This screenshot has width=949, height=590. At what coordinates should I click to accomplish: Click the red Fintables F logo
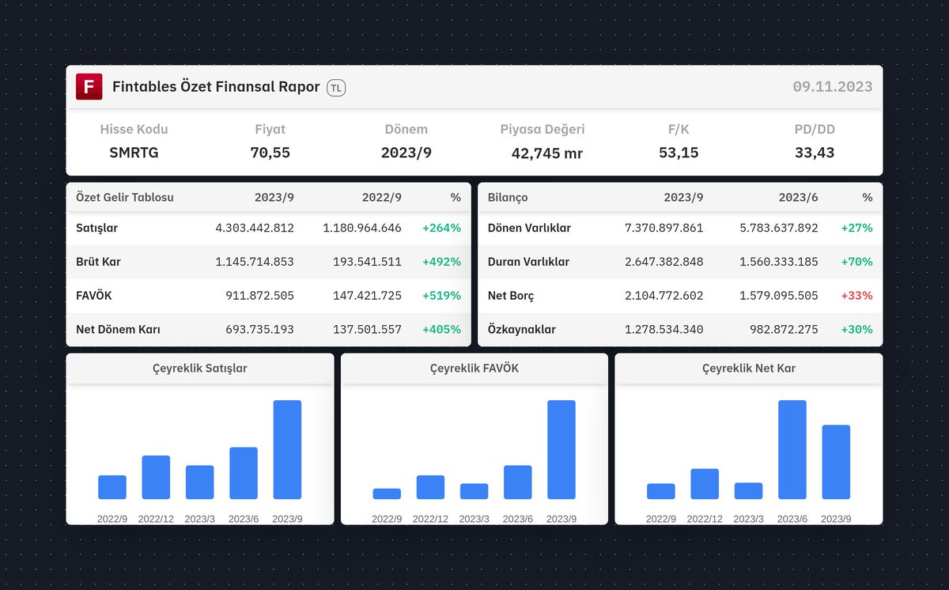click(89, 87)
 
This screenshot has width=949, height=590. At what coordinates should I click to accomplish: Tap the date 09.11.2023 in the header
click(832, 87)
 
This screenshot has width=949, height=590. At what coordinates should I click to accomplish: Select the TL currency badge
click(336, 88)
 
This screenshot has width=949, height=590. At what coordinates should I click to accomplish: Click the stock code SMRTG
click(134, 153)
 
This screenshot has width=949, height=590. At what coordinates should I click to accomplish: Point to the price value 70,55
click(270, 153)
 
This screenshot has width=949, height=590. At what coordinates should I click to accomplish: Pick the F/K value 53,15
click(679, 153)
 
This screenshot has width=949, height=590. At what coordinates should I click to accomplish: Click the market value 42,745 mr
click(546, 153)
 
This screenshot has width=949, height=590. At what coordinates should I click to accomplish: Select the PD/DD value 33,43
click(815, 153)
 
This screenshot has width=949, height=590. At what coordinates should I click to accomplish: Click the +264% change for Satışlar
click(441, 228)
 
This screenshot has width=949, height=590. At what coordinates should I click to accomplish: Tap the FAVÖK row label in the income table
click(95, 296)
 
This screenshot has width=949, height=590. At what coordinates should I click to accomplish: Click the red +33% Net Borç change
click(857, 296)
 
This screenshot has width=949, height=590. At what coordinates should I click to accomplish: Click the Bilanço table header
click(508, 197)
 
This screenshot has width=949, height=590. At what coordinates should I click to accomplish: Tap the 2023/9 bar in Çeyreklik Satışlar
click(287, 449)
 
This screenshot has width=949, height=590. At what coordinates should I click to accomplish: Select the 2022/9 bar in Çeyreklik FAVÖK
click(387, 494)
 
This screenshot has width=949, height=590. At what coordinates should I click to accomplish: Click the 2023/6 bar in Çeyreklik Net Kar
click(792, 449)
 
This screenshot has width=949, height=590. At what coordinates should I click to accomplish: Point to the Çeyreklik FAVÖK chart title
click(475, 369)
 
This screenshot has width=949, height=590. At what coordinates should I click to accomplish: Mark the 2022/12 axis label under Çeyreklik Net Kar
click(705, 519)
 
